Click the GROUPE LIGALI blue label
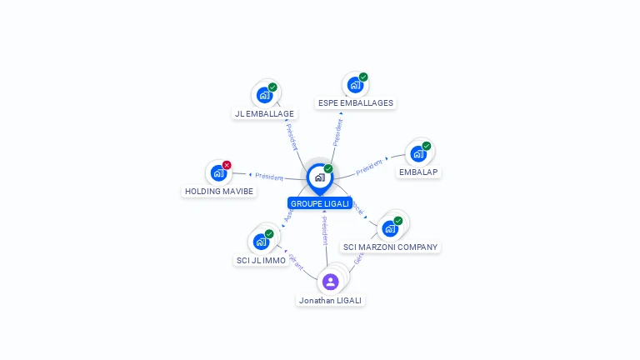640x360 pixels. pyautogui.click(x=320, y=203)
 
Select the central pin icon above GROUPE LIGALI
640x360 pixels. pyautogui.click(x=319, y=177)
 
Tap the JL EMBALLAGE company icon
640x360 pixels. pyautogui.click(x=264, y=95)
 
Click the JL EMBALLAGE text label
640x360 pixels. pyautogui.click(x=264, y=113)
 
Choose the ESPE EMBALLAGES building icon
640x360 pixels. pyautogui.click(x=355, y=85)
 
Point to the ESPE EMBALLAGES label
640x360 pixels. pyautogui.click(x=355, y=103)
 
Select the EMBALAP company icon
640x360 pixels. pyautogui.click(x=417, y=154)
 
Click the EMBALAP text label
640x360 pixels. pyautogui.click(x=418, y=172)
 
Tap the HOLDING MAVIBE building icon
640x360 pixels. pyautogui.click(x=218, y=173)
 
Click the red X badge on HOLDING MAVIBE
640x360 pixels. pyautogui.click(x=227, y=165)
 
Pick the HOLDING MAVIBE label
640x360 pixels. pyautogui.click(x=219, y=192)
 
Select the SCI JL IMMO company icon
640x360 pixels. pyautogui.click(x=261, y=242)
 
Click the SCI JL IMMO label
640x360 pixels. pyautogui.click(x=261, y=261)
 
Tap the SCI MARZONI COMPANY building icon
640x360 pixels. pyautogui.click(x=389, y=228)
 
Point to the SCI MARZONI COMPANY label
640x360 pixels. pyautogui.click(x=390, y=247)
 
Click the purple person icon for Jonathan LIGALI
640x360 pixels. pyautogui.click(x=331, y=282)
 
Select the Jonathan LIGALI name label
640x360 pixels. pyautogui.click(x=331, y=301)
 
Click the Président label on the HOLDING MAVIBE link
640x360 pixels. pyautogui.click(x=269, y=177)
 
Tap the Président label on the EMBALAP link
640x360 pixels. pyautogui.click(x=369, y=167)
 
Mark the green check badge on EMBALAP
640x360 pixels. pyautogui.click(x=427, y=146)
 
